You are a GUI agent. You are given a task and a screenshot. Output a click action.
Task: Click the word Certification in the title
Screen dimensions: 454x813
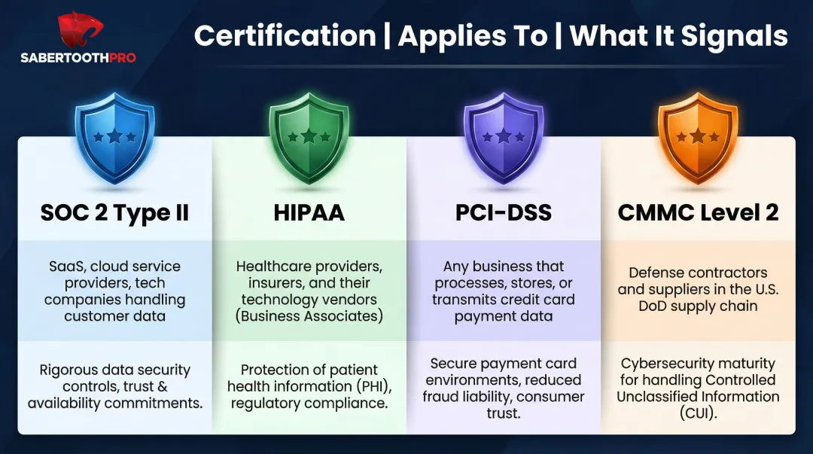pos(284,35)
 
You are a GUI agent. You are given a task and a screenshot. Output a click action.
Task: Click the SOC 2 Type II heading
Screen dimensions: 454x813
pos(114,212)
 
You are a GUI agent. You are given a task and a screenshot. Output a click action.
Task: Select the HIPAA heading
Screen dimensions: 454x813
pos(309,212)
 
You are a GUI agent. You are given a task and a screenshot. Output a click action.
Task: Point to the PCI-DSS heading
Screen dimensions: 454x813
pos(504,212)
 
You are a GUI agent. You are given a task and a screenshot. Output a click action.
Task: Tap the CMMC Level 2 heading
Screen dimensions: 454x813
pos(698,212)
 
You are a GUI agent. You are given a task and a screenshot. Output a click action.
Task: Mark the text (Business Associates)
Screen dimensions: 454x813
pos(309,316)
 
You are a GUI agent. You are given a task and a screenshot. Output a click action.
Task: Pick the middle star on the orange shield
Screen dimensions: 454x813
pos(698,136)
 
